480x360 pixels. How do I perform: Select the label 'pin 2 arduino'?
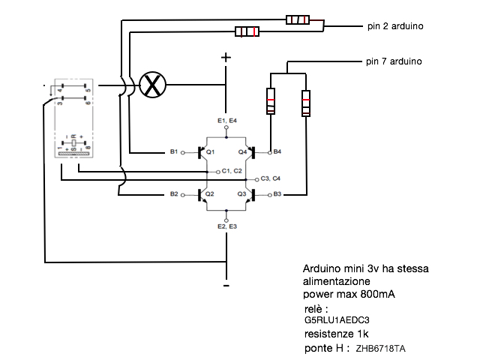[396, 25]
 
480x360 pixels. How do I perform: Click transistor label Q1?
[211, 152]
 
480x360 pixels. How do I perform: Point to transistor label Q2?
[211, 193]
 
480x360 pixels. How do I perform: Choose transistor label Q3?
[241, 193]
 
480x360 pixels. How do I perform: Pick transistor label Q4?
[242, 152]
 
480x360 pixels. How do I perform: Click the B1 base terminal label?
[174, 152]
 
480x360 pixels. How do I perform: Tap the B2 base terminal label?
[174, 194]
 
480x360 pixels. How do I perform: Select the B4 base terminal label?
[277, 152]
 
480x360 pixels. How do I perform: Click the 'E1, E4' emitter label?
[226, 120]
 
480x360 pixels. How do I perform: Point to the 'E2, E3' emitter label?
[226, 226]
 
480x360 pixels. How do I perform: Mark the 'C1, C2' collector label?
[232, 171]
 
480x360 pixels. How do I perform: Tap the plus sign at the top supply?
[226, 57]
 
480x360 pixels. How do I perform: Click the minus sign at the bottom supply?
[226, 286]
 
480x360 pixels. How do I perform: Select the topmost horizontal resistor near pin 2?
[298, 19]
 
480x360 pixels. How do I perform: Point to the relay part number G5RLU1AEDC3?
[331, 319]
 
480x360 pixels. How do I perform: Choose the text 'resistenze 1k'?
[336, 333]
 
